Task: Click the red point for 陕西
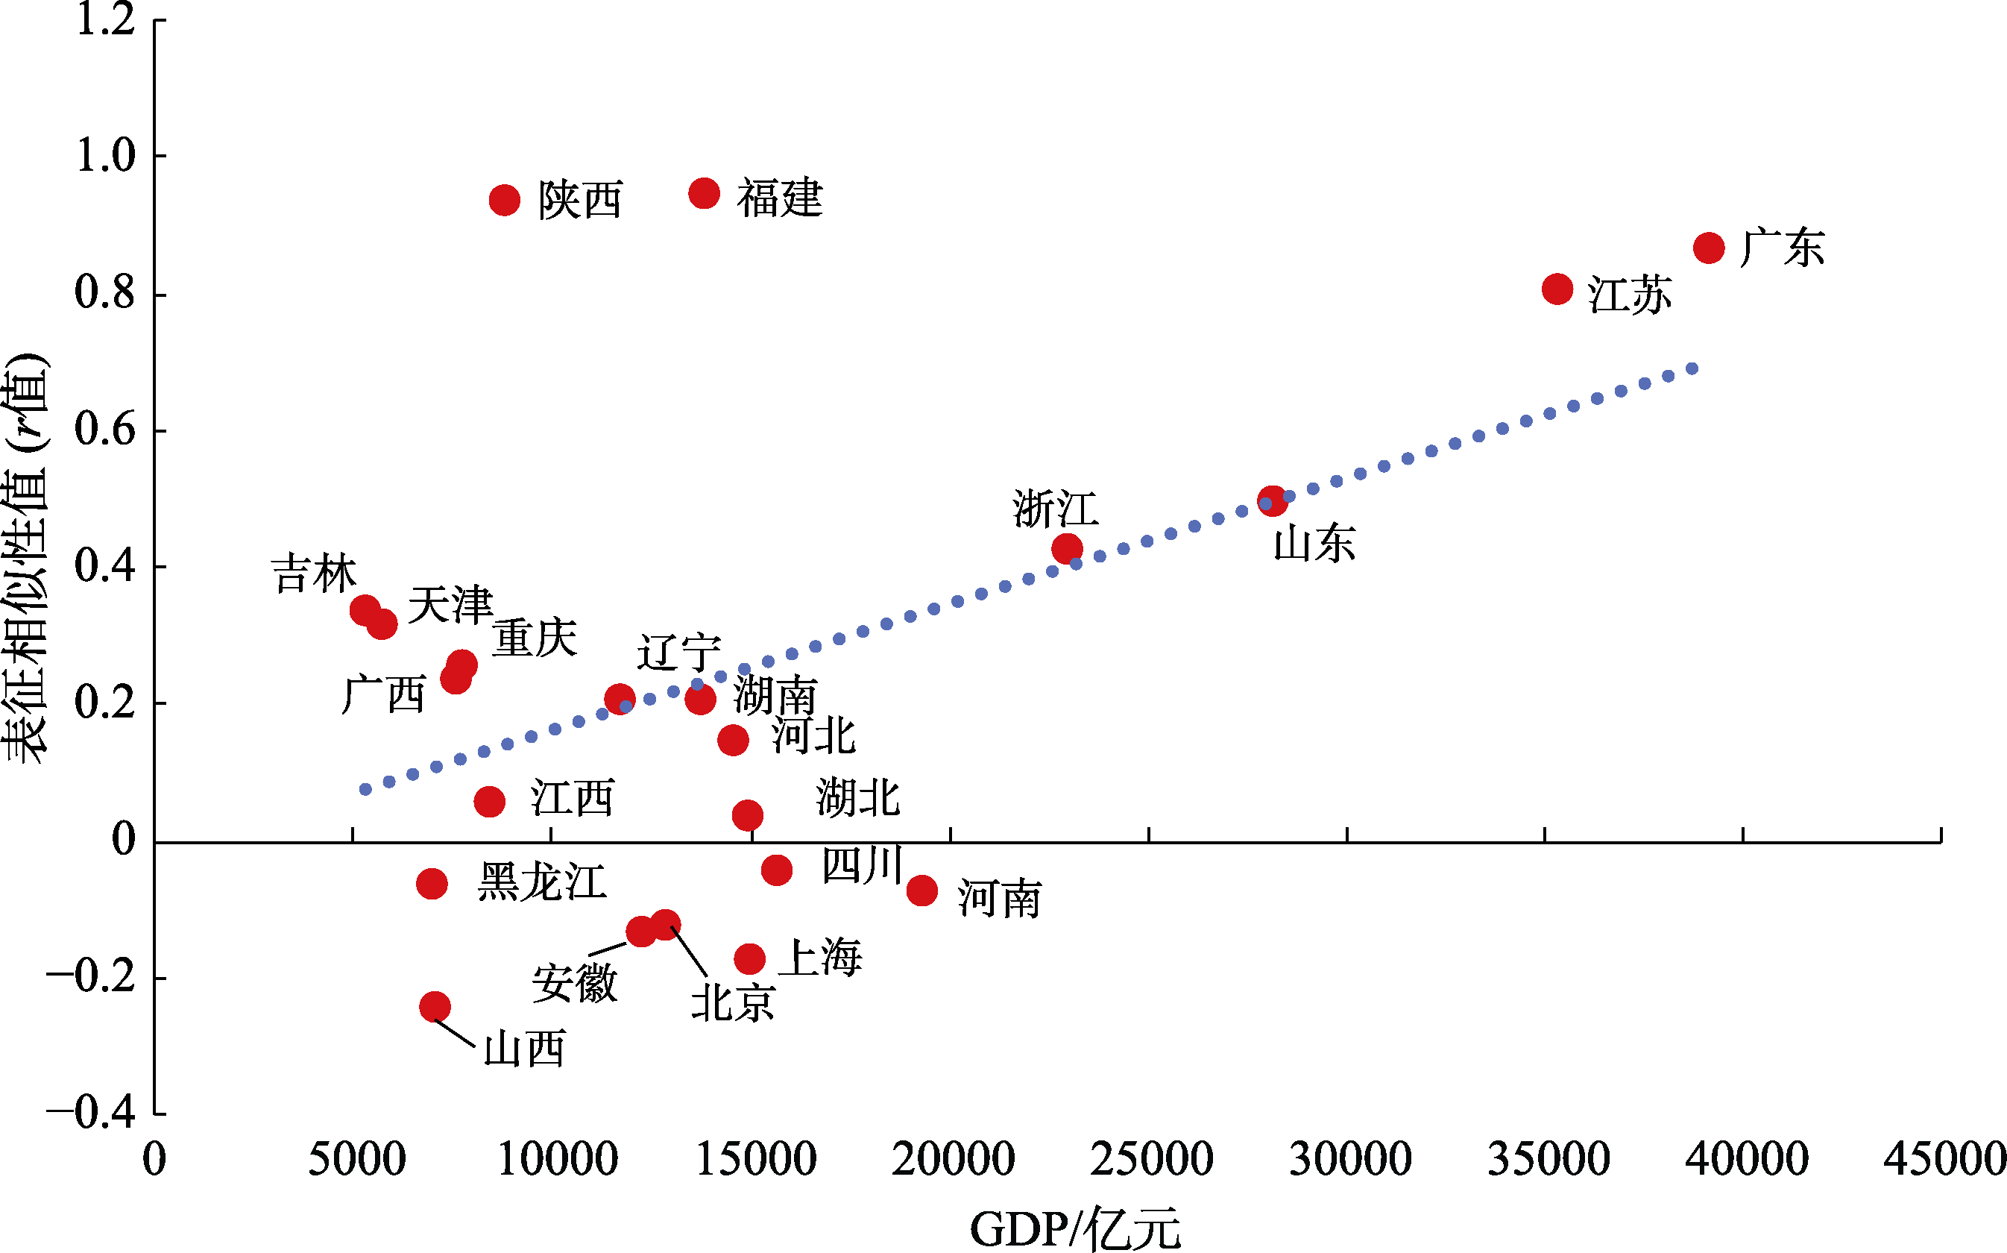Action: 505,200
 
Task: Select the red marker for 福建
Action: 704,194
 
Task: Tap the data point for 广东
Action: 1709,248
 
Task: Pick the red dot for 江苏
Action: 1557,289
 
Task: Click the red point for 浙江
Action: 1067,547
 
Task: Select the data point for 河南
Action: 922,891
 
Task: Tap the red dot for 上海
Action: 749,959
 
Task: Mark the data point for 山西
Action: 435,1007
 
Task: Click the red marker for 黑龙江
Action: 432,885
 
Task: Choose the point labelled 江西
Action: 490,801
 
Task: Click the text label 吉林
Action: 314,574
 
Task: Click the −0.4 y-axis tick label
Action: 91,1113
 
